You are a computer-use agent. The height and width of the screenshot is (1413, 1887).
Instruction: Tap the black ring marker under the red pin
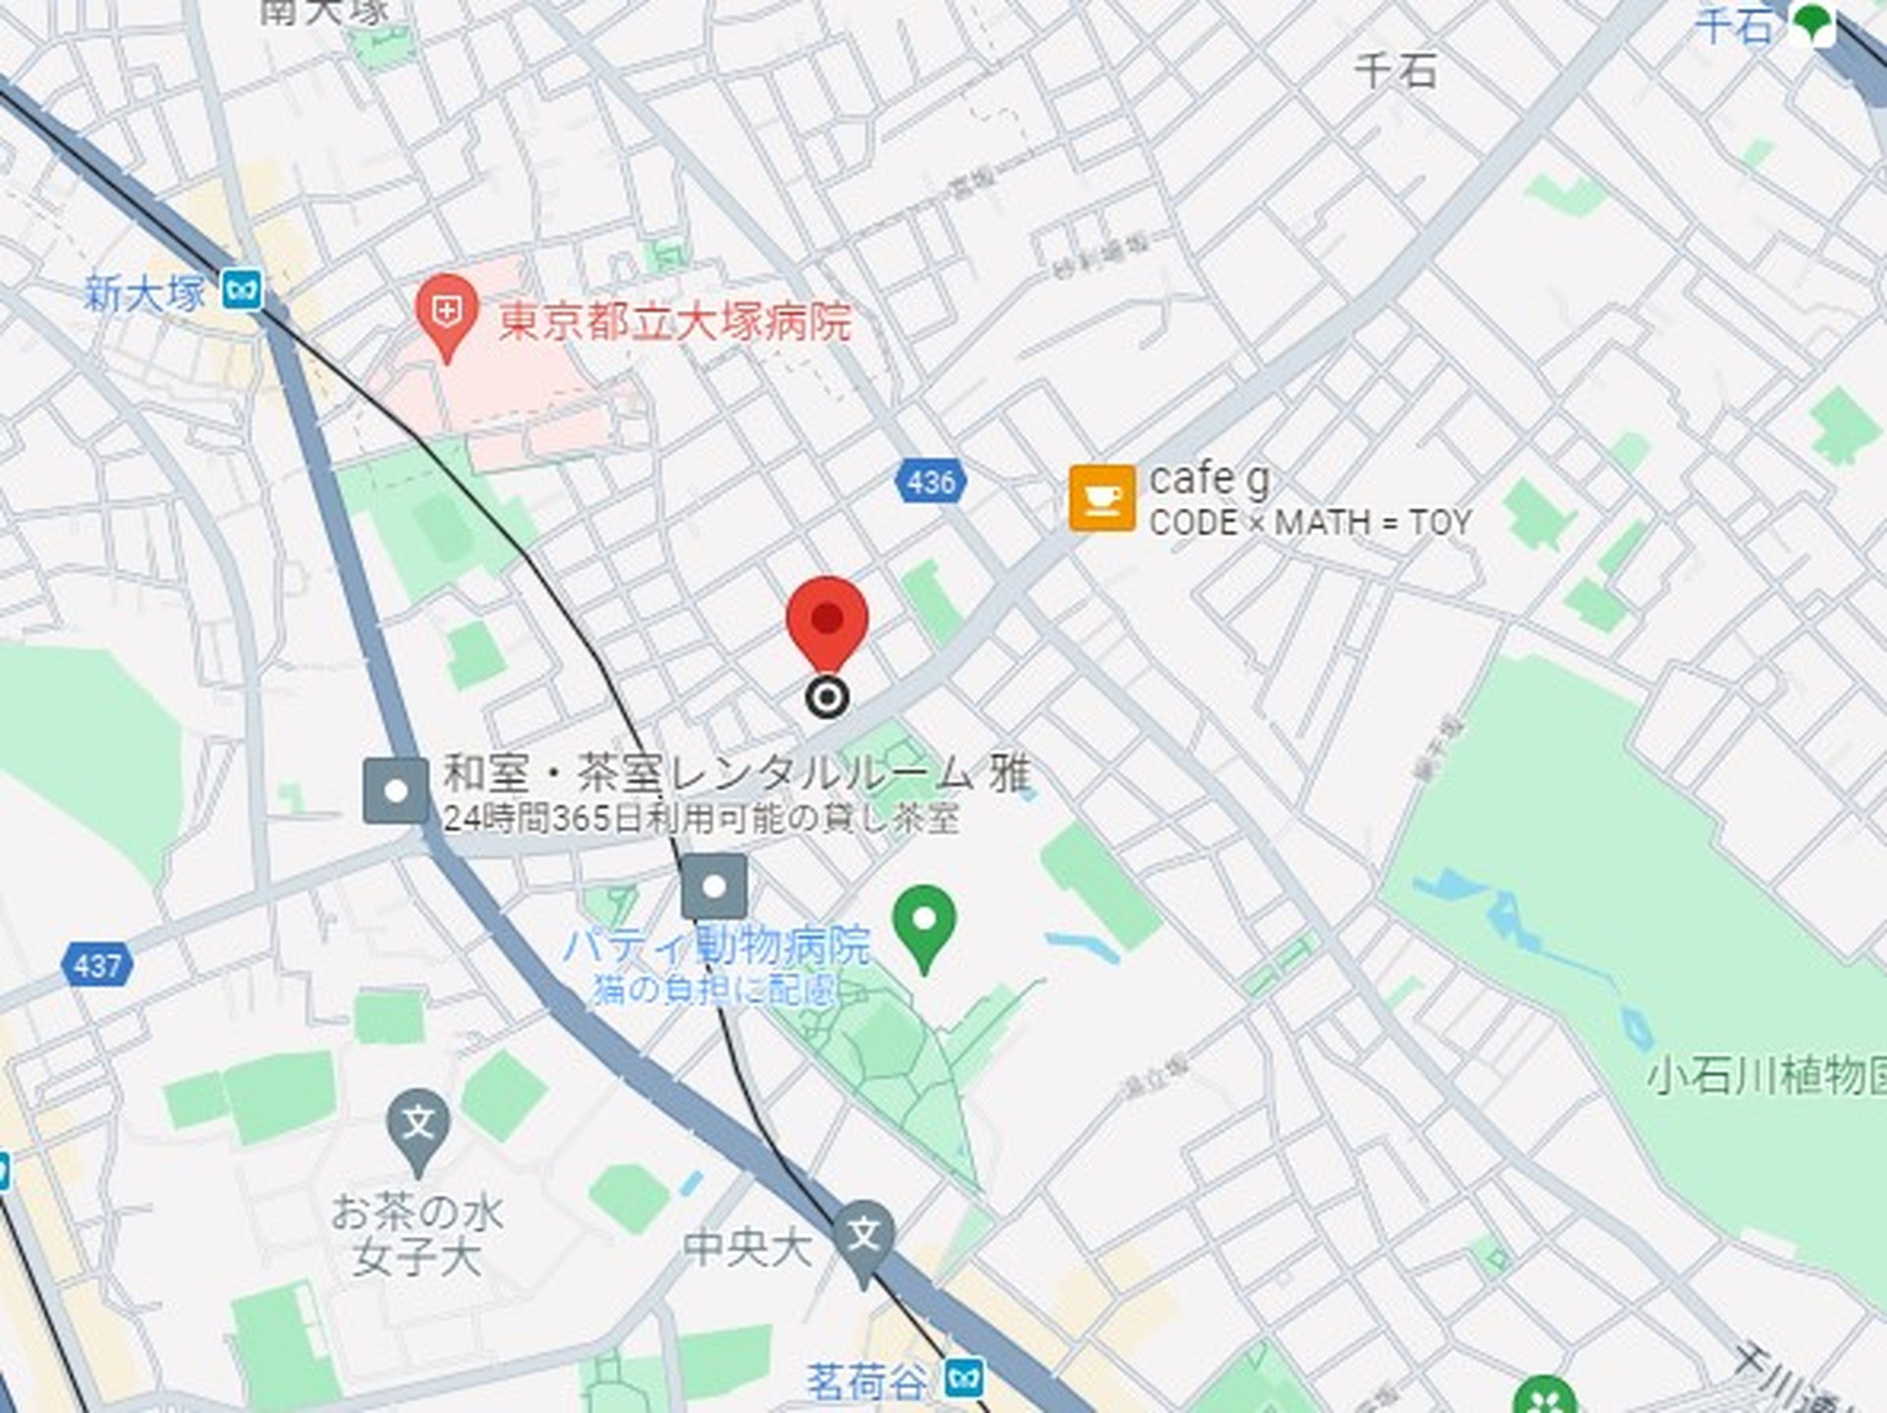pos(827,698)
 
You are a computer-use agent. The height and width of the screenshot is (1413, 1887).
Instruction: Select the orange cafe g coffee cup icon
pos(1102,498)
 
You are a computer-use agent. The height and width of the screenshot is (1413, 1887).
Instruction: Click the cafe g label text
pos(1209,480)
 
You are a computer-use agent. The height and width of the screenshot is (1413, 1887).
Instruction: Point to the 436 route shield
pos(930,481)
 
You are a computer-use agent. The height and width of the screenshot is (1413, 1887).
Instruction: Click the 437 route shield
pos(97,965)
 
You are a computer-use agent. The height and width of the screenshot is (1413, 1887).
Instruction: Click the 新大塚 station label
pos(144,293)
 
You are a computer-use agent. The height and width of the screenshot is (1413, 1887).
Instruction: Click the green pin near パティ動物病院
pos(924,924)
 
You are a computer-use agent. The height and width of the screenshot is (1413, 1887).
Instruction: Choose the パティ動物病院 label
pos(716,946)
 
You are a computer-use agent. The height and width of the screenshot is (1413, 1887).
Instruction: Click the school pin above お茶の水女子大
pos(419,1125)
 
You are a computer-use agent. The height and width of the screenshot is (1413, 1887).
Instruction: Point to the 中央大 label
pos(747,1249)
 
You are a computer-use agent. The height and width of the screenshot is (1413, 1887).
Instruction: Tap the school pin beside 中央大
pos(863,1237)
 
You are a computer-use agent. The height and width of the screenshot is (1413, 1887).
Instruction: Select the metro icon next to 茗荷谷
pos(964,1380)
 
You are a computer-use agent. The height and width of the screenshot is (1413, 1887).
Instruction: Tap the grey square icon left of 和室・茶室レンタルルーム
pos(395,790)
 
